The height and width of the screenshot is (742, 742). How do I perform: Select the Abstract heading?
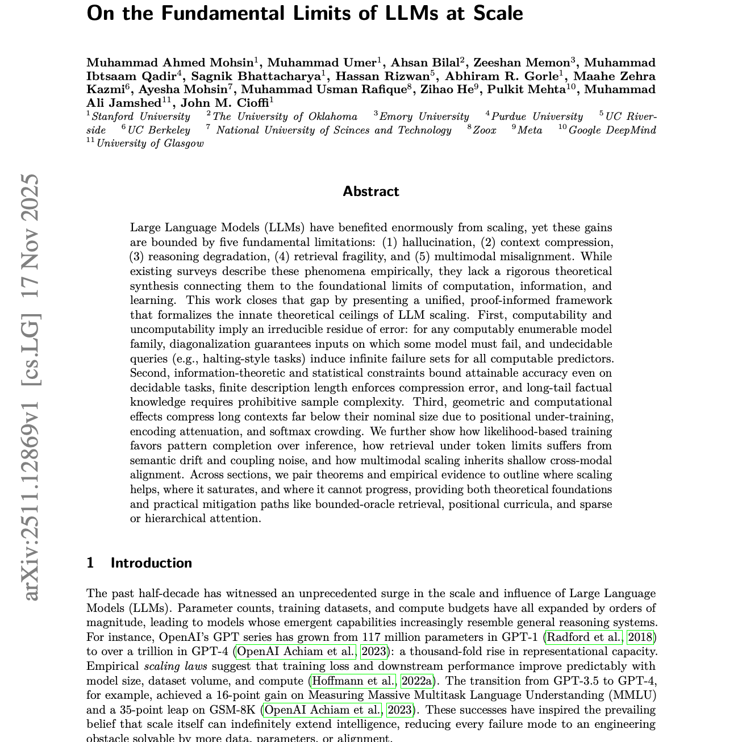click(370, 191)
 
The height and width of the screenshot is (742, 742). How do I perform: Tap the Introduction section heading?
click(151, 563)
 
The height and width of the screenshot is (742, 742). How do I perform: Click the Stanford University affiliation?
click(141, 116)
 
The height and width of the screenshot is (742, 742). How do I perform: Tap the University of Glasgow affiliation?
click(149, 143)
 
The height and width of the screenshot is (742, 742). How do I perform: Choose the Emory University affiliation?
click(424, 116)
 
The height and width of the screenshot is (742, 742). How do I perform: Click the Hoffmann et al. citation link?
click(353, 681)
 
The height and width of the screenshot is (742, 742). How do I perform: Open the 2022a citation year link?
click(416, 681)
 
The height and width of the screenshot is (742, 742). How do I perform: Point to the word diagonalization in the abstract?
click(210, 344)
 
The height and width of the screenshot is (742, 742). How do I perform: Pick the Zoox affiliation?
click(485, 130)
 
